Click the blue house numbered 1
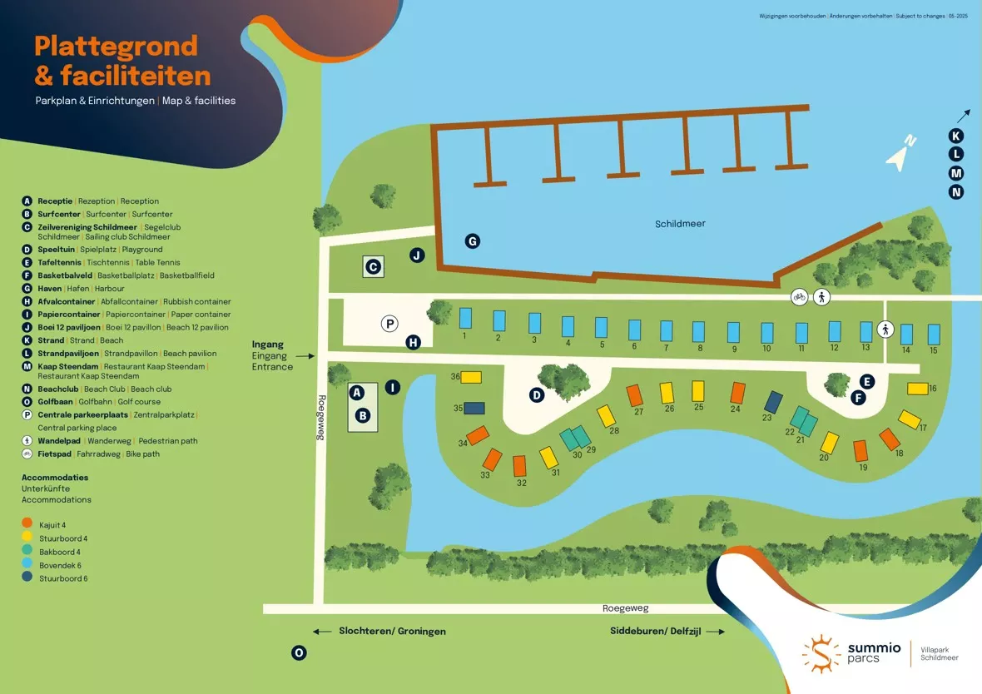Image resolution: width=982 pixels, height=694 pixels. pos(465,317)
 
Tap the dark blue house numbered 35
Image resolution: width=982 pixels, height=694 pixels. pos(474,409)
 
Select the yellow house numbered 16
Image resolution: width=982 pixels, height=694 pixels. pos(917,389)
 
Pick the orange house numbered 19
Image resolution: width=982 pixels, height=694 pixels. pos(860,451)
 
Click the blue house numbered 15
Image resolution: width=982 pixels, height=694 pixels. pos(934,334)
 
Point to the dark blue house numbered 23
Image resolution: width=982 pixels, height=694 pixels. pos(773,402)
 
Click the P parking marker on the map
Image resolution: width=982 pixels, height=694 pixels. pos(389,324)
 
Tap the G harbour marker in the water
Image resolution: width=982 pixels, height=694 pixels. pos(472,241)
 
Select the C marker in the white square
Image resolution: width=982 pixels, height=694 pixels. pos(374,267)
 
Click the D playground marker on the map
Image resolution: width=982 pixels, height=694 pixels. pos(537,395)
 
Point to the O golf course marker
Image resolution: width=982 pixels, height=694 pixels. pos(299,653)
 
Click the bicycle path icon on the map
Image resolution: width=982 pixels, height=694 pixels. pos(799,296)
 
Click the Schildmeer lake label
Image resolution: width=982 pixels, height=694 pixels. pos(680,224)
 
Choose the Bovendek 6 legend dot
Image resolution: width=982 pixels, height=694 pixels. pos(27,565)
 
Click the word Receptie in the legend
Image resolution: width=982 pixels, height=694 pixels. pos(55,201)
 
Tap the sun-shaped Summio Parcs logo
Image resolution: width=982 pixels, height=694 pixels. pos(821,652)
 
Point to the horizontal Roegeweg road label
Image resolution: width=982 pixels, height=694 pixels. pos(625,608)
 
